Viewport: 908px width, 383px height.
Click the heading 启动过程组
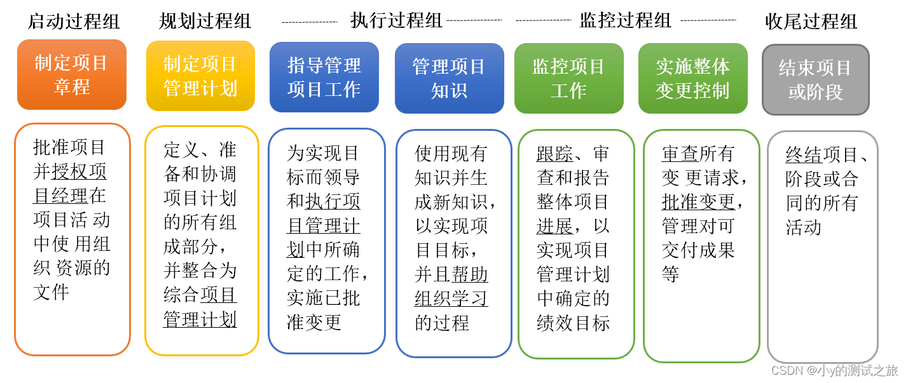(x=74, y=22)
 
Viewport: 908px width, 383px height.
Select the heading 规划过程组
(x=205, y=22)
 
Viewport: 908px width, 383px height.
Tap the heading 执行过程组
(x=396, y=20)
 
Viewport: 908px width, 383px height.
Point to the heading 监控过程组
(x=625, y=20)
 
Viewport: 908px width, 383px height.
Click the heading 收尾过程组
(x=811, y=22)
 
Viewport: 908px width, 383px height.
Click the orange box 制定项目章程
(x=72, y=74)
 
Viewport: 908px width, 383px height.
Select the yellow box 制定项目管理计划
(x=200, y=76)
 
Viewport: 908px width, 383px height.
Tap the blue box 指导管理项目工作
(x=324, y=77)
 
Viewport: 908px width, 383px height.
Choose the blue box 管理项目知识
(x=449, y=78)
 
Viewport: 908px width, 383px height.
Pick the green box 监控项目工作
(x=568, y=78)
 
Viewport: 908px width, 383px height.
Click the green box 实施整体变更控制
(x=692, y=78)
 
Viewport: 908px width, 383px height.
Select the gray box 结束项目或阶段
(x=815, y=79)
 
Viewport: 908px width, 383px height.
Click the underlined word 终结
(x=804, y=154)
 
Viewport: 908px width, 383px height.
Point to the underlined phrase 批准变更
(x=698, y=202)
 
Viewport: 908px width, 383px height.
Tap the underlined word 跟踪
(x=555, y=154)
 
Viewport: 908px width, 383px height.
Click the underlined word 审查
(x=680, y=154)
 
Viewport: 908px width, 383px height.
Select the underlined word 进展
(x=554, y=226)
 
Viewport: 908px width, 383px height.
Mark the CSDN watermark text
(x=834, y=370)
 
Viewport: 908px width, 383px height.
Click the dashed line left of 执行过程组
(x=310, y=22)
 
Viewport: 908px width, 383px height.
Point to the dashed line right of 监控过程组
(x=708, y=21)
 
